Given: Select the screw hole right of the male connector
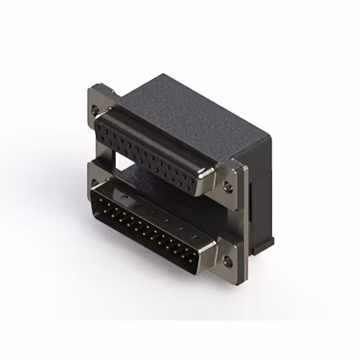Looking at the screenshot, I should [227, 260].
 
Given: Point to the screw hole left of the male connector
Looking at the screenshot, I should [97, 179].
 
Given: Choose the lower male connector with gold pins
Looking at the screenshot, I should [149, 225].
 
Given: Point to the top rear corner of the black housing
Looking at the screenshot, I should [163, 76].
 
